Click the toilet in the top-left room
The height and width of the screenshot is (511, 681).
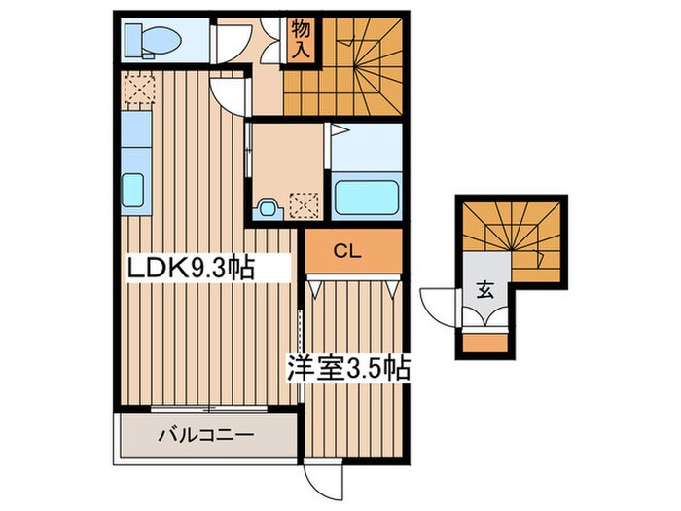[153, 41]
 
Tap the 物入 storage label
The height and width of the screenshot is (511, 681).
[301, 39]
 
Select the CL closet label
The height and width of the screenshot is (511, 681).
[347, 251]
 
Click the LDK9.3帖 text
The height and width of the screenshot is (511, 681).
[191, 268]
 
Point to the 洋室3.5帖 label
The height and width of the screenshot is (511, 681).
[348, 369]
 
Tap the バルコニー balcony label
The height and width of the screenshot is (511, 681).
[205, 434]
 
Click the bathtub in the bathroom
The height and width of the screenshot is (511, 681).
[367, 198]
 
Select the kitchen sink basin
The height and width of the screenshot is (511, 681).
[132, 190]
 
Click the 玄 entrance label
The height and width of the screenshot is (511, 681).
[485, 290]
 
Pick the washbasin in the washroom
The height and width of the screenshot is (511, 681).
[268, 209]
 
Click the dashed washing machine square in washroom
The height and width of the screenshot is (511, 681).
[305, 206]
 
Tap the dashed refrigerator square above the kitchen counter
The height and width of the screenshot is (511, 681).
[139, 90]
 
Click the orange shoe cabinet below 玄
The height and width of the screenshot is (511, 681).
[485, 344]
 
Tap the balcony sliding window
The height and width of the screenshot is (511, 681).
[209, 409]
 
